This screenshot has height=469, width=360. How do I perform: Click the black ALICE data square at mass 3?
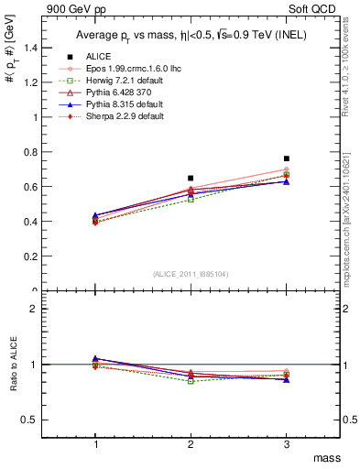tap(287, 158)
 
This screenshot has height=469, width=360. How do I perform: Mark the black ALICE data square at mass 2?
tap(191, 178)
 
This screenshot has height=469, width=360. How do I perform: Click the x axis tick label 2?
tap(191, 443)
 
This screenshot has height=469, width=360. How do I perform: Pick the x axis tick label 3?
tap(287, 443)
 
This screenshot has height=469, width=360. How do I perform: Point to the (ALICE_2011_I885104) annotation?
tap(191, 275)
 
